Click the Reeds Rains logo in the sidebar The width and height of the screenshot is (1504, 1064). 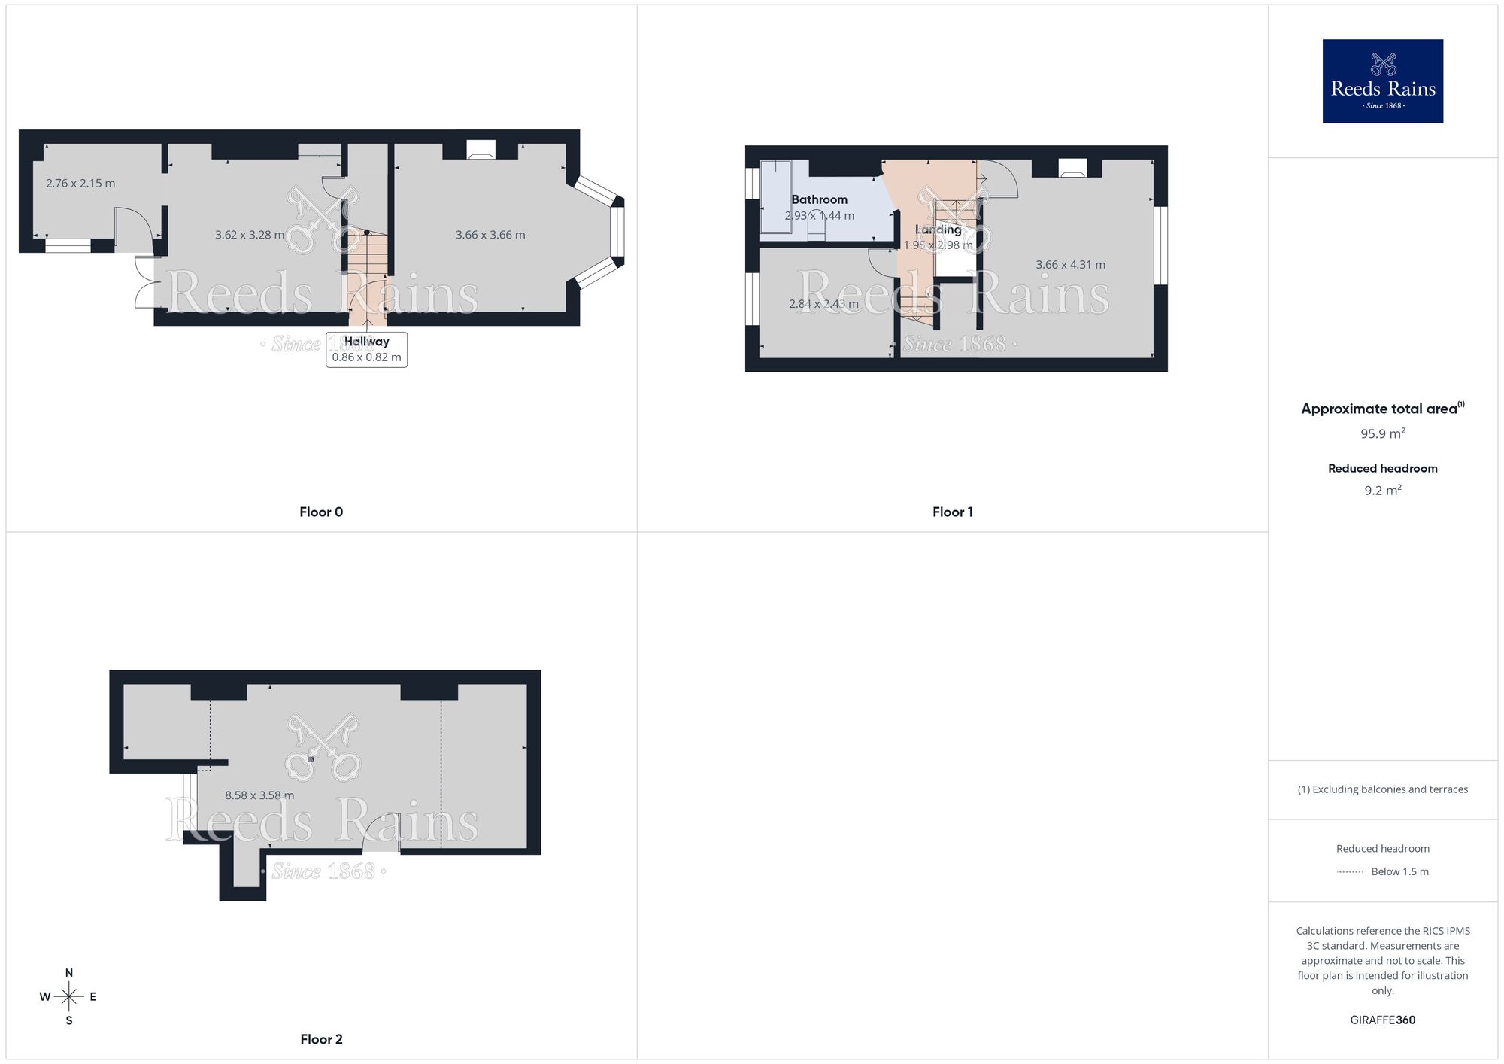[1382, 81]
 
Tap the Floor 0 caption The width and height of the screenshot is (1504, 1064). [321, 512]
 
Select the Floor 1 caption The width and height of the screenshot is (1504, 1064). [952, 512]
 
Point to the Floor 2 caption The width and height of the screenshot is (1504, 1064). [321, 1039]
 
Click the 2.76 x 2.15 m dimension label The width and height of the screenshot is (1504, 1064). [80, 183]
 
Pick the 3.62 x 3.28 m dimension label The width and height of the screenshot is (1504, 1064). [250, 235]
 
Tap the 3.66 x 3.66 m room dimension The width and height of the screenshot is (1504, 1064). [490, 235]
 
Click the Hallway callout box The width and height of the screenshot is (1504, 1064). [366, 349]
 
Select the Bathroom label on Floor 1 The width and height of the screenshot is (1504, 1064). [819, 199]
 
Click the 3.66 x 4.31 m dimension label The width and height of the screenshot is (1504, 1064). [1070, 265]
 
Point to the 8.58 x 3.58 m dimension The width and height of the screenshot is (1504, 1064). [259, 795]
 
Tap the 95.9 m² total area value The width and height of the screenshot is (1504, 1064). [1382, 433]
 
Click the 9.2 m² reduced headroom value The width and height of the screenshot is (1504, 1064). [1382, 491]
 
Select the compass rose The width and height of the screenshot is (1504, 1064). [69, 997]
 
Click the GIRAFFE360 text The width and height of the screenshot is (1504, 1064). [1382, 1020]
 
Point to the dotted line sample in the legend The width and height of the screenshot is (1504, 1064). [1350, 872]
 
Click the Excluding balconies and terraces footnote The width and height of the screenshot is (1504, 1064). [1382, 789]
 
